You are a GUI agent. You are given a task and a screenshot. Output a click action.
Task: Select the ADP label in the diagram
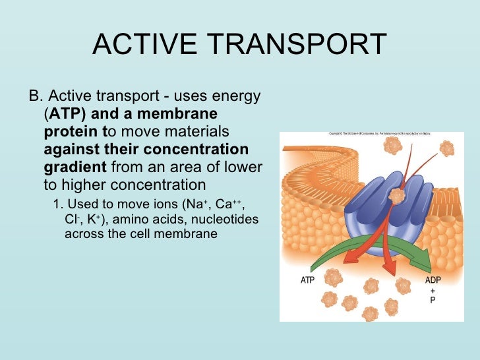433,280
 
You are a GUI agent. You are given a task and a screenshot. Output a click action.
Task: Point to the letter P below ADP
433,300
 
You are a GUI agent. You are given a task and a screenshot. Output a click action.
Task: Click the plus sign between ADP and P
433,290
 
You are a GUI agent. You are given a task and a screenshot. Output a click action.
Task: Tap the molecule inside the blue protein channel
396,196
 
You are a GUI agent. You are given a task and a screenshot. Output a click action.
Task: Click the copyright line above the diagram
379,134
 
